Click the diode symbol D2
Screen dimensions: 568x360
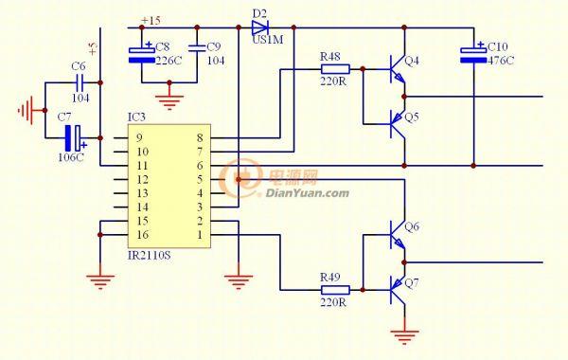(260, 27)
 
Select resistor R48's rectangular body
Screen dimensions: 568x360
(335, 69)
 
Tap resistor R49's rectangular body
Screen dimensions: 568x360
(335, 290)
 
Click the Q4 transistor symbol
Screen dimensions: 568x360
(398, 69)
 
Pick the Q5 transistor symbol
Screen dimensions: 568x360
(398, 124)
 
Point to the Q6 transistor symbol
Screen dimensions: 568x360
(398, 235)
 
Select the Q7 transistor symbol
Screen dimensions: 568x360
(398, 290)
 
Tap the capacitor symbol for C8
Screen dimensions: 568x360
(142, 53)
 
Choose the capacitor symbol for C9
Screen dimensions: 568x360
(197, 48)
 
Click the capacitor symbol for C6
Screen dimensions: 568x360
(80, 82)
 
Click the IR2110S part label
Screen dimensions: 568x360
(149, 255)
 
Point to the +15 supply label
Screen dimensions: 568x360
(151, 20)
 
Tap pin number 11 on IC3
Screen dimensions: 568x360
(142, 166)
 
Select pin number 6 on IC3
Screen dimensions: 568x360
(200, 166)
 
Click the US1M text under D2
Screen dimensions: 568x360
(268, 40)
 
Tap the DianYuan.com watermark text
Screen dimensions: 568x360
(308, 193)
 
